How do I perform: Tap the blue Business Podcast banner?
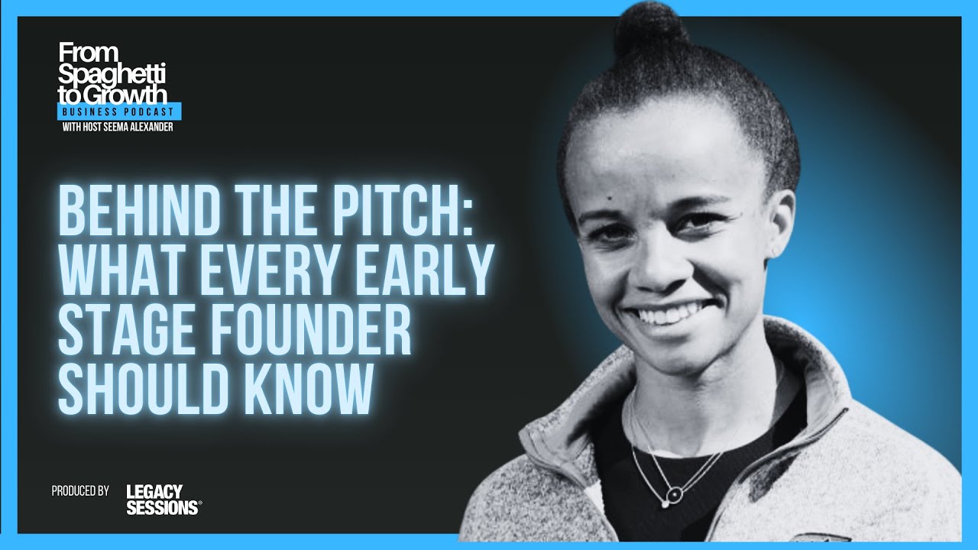(x=120, y=112)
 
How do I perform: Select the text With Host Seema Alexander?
(x=117, y=127)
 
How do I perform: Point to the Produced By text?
(x=80, y=490)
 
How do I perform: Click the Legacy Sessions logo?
(x=164, y=499)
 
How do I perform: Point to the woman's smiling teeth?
(x=673, y=315)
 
